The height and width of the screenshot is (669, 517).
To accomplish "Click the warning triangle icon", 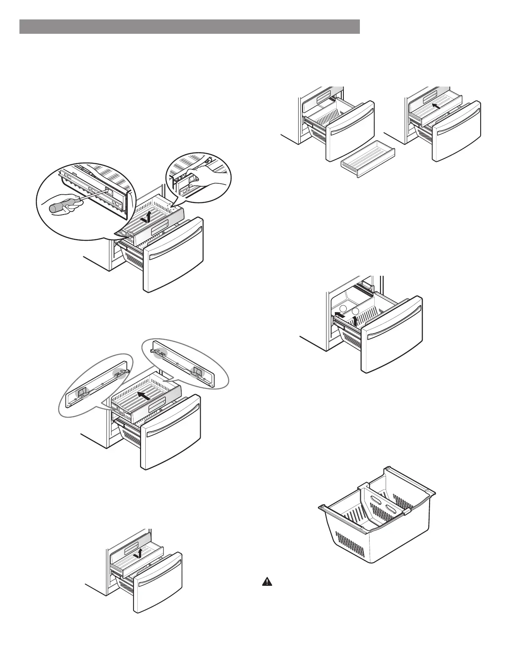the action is [x=267, y=582].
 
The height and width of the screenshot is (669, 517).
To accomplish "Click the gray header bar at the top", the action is [x=190, y=26].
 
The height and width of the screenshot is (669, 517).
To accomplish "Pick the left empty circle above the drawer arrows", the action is [x=344, y=309].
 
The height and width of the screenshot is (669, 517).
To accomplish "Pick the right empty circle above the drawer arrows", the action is [x=356, y=311].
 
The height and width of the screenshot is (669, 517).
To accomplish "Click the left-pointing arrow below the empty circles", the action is [x=340, y=315].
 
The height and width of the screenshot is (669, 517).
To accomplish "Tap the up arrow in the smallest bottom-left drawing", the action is [x=139, y=553].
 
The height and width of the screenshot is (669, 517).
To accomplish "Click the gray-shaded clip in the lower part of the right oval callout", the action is [x=197, y=372].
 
